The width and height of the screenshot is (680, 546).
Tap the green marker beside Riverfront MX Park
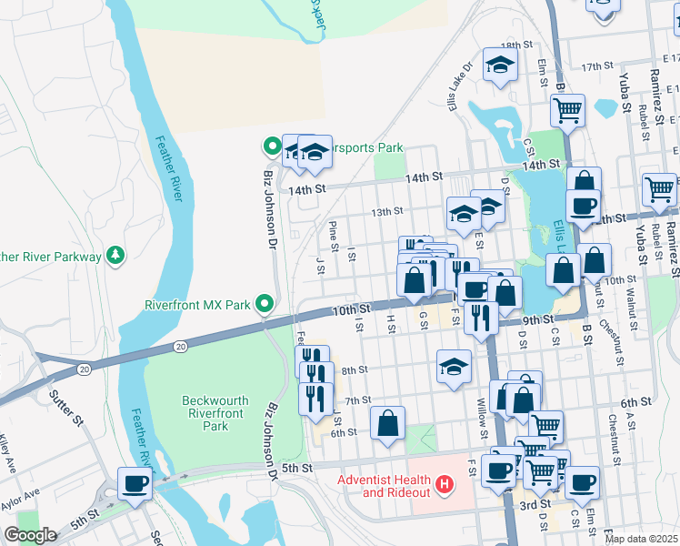pyautogui.click(x=265, y=302)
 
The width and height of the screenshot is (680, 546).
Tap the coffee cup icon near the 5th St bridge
pyautogui.click(x=135, y=482)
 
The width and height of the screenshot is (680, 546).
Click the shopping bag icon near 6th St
pyautogui.click(x=387, y=423)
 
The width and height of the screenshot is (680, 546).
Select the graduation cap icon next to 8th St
pyautogui.click(x=454, y=367)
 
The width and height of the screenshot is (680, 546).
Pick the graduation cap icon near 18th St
pyautogui.click(x=498, y=64)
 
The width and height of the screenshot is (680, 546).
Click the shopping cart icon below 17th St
pyautogui.click(x=567, y=110)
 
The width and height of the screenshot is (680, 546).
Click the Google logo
pyautogui.click(x=31, y=535)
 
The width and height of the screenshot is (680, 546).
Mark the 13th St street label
pyautogui.click(x=386, y=211)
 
